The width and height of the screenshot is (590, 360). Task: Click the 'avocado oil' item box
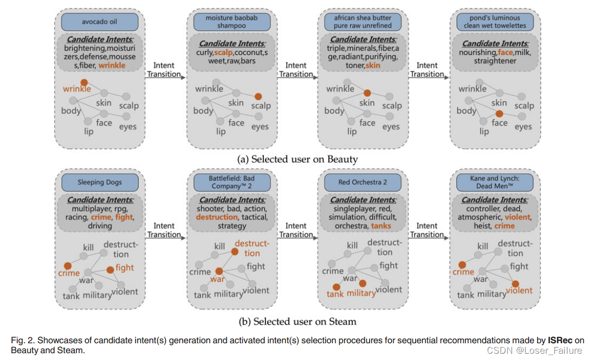click(x=99, y=22)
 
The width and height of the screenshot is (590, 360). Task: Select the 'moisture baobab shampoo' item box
click(x=231, y=22)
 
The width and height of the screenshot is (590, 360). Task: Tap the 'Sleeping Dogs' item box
click(x=99, y=183)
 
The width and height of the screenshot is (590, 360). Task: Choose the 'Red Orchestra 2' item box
click(x=363, y=183)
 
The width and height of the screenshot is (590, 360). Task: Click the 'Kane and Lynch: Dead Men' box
click(x=495, y=183)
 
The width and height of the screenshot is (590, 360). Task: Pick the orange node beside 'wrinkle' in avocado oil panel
click(x=84, y=82)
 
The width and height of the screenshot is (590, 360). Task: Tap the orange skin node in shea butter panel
click(x=368, y=92)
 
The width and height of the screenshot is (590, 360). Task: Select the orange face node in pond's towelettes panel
click(x=499, y=114)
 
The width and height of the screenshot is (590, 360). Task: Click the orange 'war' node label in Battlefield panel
click(x=217, y=279)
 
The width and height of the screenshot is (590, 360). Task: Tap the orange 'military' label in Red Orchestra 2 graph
click(x=361, y=293)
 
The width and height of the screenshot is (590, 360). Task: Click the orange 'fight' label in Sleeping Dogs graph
click(x=125, y=267)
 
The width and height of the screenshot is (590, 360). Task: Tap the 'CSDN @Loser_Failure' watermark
click(x=540, y=351)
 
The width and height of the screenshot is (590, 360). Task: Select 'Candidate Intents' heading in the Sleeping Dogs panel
click(x=99, y=200)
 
